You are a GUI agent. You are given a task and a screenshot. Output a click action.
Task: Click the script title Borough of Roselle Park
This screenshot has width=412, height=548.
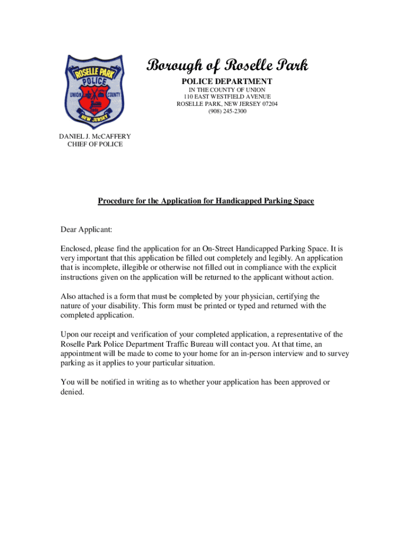(227, 66)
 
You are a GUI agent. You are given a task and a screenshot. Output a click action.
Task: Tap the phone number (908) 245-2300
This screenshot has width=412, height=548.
(227, 111)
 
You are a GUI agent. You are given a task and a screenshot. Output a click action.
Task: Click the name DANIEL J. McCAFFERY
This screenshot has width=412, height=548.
(95, 136)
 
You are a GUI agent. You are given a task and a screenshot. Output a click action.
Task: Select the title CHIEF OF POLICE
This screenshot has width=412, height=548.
(95, 144)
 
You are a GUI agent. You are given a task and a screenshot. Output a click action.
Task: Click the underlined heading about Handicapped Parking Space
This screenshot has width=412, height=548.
(205, 201)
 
